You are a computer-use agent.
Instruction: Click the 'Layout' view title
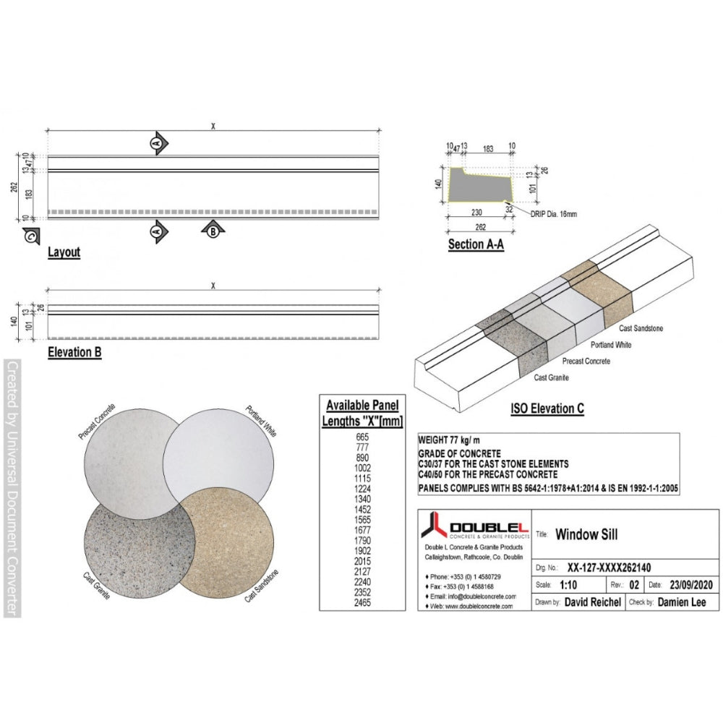[x=64, y=253]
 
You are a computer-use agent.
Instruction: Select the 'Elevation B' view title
[x=74, y=353]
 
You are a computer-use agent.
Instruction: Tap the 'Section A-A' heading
[x=476, y=244]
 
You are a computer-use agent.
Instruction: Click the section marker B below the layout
[x=213, y=231]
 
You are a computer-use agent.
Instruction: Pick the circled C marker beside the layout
[x=30, y=235]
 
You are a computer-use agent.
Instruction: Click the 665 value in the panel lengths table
[x=362, y=437]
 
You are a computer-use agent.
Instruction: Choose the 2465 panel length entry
[x=362, y=602]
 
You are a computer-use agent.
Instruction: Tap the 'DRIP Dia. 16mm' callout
[x=553, y=214]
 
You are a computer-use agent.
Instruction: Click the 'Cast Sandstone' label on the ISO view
[x=641, y=329]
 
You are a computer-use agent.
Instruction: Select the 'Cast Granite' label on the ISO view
[x=552, y=377]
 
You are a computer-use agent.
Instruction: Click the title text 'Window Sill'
[x=586, y=536]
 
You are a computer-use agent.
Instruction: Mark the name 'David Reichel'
[x=592, y=602]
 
